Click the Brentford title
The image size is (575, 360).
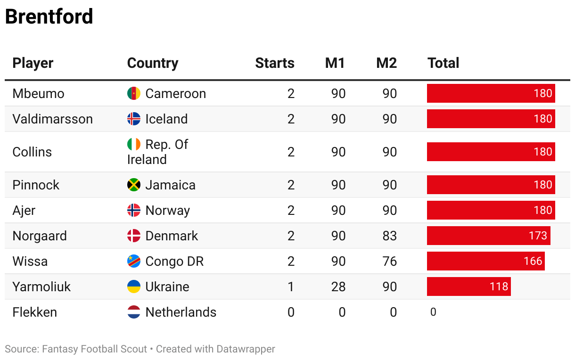point(49,17)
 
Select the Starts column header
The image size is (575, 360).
point(274,63)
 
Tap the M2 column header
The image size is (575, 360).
point(386,63)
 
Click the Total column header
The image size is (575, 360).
point(443,63)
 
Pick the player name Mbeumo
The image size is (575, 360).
point(38,93)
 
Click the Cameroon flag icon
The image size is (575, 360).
point(134,93)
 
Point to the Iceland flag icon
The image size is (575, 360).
point(134,119)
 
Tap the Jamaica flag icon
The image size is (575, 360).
point(134,185)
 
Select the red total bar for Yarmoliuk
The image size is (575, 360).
point(468,286)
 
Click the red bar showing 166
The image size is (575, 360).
point(485,261)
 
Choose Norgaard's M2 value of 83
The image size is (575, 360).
point(389,236)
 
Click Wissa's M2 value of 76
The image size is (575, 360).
point(389,261)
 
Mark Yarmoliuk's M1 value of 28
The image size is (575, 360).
point(338,286)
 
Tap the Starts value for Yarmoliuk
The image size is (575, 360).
point(291,286)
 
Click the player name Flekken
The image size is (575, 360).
point(34,312)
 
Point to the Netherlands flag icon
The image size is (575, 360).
point(134,312)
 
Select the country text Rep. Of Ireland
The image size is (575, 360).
point(157,152)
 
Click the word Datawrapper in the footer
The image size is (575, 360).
point(246,349)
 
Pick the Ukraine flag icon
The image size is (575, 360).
point(134,286)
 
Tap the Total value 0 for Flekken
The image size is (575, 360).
point(433,312)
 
